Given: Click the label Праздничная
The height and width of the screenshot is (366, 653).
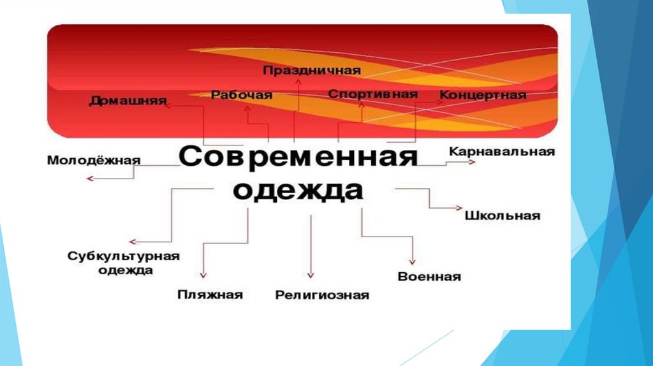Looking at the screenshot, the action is [x=312, y=70].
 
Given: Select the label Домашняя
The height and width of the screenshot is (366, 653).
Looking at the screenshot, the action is [x=127, y=101].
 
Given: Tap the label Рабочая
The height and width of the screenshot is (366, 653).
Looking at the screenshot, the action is [x=241, y=95].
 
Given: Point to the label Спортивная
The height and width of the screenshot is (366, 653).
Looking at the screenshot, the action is [x=372, y=94].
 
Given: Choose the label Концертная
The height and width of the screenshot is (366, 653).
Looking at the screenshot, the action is [x=483, y=95].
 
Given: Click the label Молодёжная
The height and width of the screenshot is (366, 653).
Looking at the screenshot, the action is [x=93, y=160].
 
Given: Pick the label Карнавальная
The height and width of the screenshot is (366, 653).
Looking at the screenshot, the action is [x=502, y=152].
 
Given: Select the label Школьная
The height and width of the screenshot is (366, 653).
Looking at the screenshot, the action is [x=502, y=216].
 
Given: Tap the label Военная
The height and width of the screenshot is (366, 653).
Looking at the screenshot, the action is [x=429, y=277].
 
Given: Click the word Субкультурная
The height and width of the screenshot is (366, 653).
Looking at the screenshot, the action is [x=124, y=256].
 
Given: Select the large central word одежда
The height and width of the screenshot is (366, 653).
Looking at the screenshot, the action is [x=297, y=191].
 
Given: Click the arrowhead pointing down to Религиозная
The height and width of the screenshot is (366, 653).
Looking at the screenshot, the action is [x=311, y=275].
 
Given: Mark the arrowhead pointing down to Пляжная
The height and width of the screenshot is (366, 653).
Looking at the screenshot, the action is [x=203, y=275].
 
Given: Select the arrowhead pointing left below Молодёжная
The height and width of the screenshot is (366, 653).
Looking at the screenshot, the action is [x=90, y=179].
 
